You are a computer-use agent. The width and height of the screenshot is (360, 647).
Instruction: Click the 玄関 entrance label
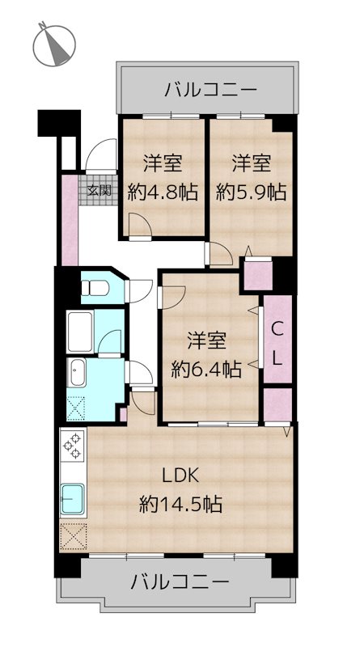[100, 192]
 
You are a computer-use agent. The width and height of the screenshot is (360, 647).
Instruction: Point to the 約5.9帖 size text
[251, 192]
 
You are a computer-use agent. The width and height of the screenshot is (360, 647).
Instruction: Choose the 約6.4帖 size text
[205, 369]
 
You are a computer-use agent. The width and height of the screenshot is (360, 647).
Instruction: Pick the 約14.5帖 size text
[180, 505]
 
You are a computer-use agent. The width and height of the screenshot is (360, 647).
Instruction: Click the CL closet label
[276, 341]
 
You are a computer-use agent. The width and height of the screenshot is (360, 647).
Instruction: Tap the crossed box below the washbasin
[77, 409]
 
